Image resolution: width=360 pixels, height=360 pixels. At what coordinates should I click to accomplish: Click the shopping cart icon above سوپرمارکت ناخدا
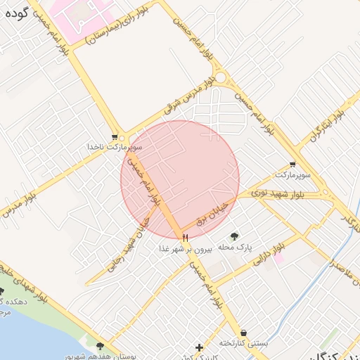click(x=115, y=136)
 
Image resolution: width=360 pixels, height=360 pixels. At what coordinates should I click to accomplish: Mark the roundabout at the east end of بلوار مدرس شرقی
click(x=221, y=78)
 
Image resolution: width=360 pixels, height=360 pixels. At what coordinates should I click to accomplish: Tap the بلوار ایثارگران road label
click(x=329, y=119)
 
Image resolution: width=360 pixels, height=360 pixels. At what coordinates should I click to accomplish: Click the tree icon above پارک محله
click(x=234, y=236)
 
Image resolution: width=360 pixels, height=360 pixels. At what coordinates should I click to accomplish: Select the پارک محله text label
click(x=234, y=247)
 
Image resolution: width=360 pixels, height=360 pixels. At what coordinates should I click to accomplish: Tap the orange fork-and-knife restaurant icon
click(x=186, y=238)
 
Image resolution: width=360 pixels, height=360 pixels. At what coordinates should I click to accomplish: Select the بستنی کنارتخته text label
click(x=243, y=343)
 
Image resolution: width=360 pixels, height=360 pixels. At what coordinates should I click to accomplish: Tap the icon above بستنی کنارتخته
click(x=243, y=333)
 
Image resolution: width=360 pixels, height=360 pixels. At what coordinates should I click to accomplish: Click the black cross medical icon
click(x=200, y=347)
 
